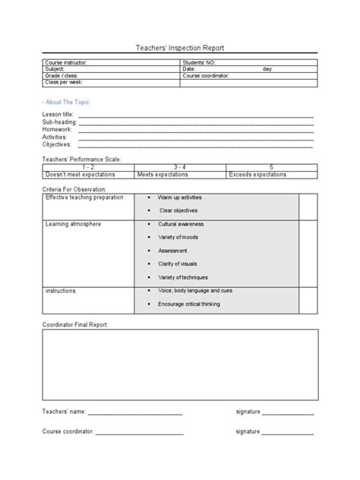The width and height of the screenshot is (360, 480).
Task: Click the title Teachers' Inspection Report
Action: click(179, 48)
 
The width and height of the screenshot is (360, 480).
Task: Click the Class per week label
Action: click(64, 82)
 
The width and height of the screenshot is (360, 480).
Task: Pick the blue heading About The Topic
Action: click(64, 101)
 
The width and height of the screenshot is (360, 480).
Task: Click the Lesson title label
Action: click(58, 114)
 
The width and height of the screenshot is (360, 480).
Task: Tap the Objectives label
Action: click(57, 144)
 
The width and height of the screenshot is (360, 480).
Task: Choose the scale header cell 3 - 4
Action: click(180, 167)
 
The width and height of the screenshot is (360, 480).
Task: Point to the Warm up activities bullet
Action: click(179, 197)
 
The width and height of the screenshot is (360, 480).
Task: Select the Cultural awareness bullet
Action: click(181, 224)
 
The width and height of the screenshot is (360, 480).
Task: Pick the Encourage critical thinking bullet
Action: click(189, 304)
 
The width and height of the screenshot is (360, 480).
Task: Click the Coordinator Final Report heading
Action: click(75, 324)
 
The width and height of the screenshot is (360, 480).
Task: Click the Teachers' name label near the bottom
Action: click(64, 412)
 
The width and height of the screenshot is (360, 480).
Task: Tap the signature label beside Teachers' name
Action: click(248, 412)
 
